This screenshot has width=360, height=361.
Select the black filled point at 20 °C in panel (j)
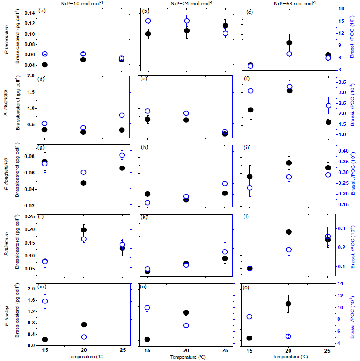[83, 230]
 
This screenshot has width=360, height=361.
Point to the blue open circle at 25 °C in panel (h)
[225, 183]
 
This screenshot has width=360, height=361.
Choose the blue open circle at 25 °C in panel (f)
[328, 106]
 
